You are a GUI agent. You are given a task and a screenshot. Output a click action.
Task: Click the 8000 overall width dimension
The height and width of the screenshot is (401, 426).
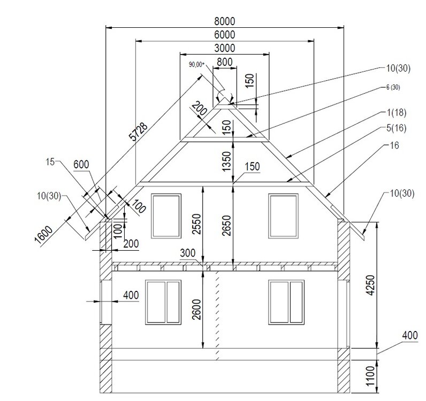tap(224, 21)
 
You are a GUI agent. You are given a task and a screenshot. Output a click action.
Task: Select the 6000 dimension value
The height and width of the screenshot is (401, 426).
tap(224, 35)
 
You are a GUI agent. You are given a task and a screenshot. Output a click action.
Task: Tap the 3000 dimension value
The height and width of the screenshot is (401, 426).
tap(224, 48)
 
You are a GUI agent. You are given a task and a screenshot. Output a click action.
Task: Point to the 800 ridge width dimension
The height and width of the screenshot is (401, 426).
tap(225, 62)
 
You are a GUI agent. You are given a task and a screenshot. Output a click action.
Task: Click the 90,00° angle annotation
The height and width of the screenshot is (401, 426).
tap(196, 65)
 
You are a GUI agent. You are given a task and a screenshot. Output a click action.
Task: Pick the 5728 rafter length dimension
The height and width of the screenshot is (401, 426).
tap(139, 132)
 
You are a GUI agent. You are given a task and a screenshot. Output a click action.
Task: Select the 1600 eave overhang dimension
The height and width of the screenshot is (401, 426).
tap(44, 236)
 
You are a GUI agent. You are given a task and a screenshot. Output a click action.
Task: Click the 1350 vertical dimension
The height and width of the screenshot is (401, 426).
tap(226, 161)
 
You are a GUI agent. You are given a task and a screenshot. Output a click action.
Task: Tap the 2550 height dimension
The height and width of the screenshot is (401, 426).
tap(196, 224)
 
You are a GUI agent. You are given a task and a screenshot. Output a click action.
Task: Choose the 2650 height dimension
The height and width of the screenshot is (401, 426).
tap(226, 225)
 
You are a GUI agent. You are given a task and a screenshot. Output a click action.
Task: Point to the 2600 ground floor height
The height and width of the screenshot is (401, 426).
tap(196, 310)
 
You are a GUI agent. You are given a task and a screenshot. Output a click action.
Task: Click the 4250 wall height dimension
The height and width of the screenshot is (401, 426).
tap(370, 285)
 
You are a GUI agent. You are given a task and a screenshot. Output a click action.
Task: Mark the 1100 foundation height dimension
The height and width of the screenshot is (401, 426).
tap(370, 376)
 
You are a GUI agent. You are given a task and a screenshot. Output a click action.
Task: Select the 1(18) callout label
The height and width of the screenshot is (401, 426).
tap(397, 112)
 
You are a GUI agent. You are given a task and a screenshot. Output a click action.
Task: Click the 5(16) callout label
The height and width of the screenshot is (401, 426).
tap(397, 128)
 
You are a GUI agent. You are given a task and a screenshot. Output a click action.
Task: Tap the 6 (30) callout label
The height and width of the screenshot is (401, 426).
tap(393, 88)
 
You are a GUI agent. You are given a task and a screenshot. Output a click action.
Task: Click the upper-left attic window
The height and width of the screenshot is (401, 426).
tap(166, 216)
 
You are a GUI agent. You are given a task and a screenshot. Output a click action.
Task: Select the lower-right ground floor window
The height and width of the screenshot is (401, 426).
tap(286, 302)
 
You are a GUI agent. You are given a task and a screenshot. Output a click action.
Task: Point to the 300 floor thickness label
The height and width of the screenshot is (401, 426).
tap(188, 253)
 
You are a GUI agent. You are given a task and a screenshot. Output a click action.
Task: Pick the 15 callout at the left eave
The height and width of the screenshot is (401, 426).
tap(50, 162)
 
